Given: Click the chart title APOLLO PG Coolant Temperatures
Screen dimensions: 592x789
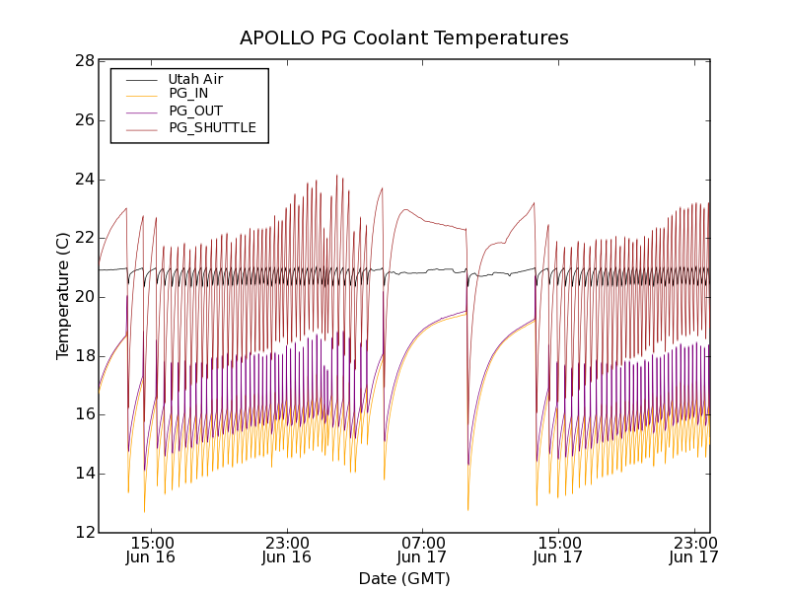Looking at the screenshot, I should coord(404,37).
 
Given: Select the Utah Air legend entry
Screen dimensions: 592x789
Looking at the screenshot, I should coord(195,79).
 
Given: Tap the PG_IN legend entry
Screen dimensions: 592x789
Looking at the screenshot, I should coord(187,94).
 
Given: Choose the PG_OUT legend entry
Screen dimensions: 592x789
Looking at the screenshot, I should coord(195,111).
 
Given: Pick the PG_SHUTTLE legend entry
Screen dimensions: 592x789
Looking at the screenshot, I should coord(212,127).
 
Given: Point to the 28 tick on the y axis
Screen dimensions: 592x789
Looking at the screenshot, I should coord(83,61).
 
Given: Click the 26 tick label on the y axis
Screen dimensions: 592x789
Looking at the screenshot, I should coord(83,120).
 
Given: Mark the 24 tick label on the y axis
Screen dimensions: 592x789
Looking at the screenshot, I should coord(83,180).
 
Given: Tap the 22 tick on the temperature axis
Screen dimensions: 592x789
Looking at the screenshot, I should coord(83,238).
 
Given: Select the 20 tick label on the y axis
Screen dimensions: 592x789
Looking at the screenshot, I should coord(83,297).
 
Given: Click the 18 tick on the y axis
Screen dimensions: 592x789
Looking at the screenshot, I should coord(83,356).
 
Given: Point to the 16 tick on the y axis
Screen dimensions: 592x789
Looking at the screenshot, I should coord(83,414).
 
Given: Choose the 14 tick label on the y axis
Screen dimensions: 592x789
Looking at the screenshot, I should coord(83,474).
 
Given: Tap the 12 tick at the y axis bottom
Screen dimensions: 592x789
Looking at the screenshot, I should coord(83,533).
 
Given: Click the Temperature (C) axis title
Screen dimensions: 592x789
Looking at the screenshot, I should coord(63,296).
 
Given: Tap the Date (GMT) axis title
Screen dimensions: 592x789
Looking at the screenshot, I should coord(404,578).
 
